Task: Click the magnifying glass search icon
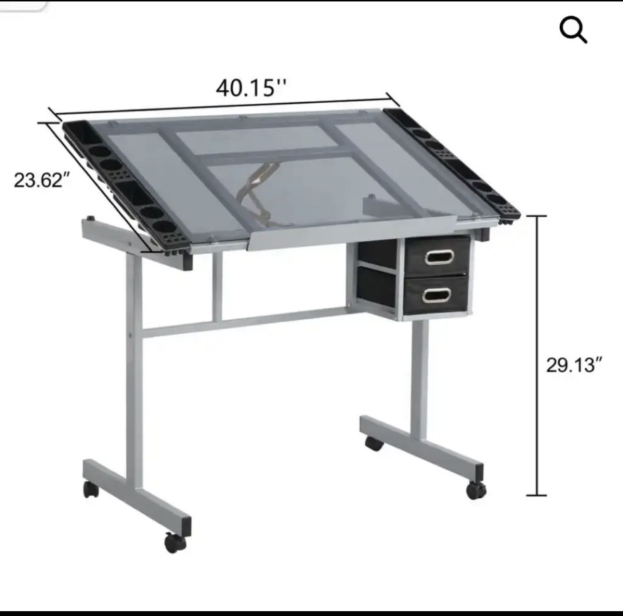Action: [573, 31]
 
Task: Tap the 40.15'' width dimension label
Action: [251, 88]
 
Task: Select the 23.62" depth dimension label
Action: [39, 180]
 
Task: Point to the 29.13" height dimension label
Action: [575, 365]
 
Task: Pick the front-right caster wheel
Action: [476, 490]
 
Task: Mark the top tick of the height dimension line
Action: [536, 216]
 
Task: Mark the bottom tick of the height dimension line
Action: [536, 495]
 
